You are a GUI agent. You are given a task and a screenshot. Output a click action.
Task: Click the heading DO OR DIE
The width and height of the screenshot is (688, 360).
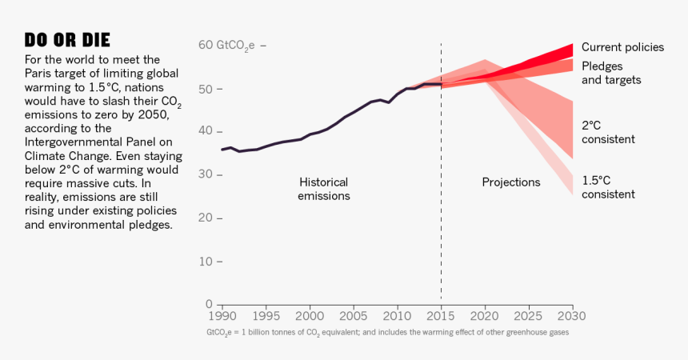(x=67, y=40)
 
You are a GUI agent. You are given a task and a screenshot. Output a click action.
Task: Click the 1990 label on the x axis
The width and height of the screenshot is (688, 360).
(x=222, y=315)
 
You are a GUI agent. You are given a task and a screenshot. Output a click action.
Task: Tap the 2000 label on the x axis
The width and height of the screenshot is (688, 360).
(x=310, y=315)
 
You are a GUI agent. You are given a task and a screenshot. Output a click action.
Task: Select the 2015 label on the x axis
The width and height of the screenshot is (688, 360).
(x=441, y=315)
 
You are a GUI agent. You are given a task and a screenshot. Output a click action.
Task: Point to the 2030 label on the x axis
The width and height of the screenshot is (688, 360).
(x=572, y=315)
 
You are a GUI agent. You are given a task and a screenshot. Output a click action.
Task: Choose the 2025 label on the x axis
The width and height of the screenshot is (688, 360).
(x=528, y=315)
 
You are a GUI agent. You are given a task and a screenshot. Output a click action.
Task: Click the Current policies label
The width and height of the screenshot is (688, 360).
(x=622, y=47)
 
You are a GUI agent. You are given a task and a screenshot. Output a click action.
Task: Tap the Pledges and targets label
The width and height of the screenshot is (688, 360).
(x=611, y=73)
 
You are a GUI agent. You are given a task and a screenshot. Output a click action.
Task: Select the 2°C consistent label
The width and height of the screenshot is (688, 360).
(x=608, y=132)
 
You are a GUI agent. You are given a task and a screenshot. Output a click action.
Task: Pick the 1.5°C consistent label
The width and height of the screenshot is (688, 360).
(x=608, y=187)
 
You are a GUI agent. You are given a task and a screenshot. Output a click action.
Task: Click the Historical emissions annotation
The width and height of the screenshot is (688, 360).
(x=324, y=189)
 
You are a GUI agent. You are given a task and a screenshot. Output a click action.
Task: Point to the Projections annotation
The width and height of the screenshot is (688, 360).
(x=510, y=182)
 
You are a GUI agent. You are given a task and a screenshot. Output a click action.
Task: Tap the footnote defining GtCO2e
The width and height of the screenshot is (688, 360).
(x=387, y=332)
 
